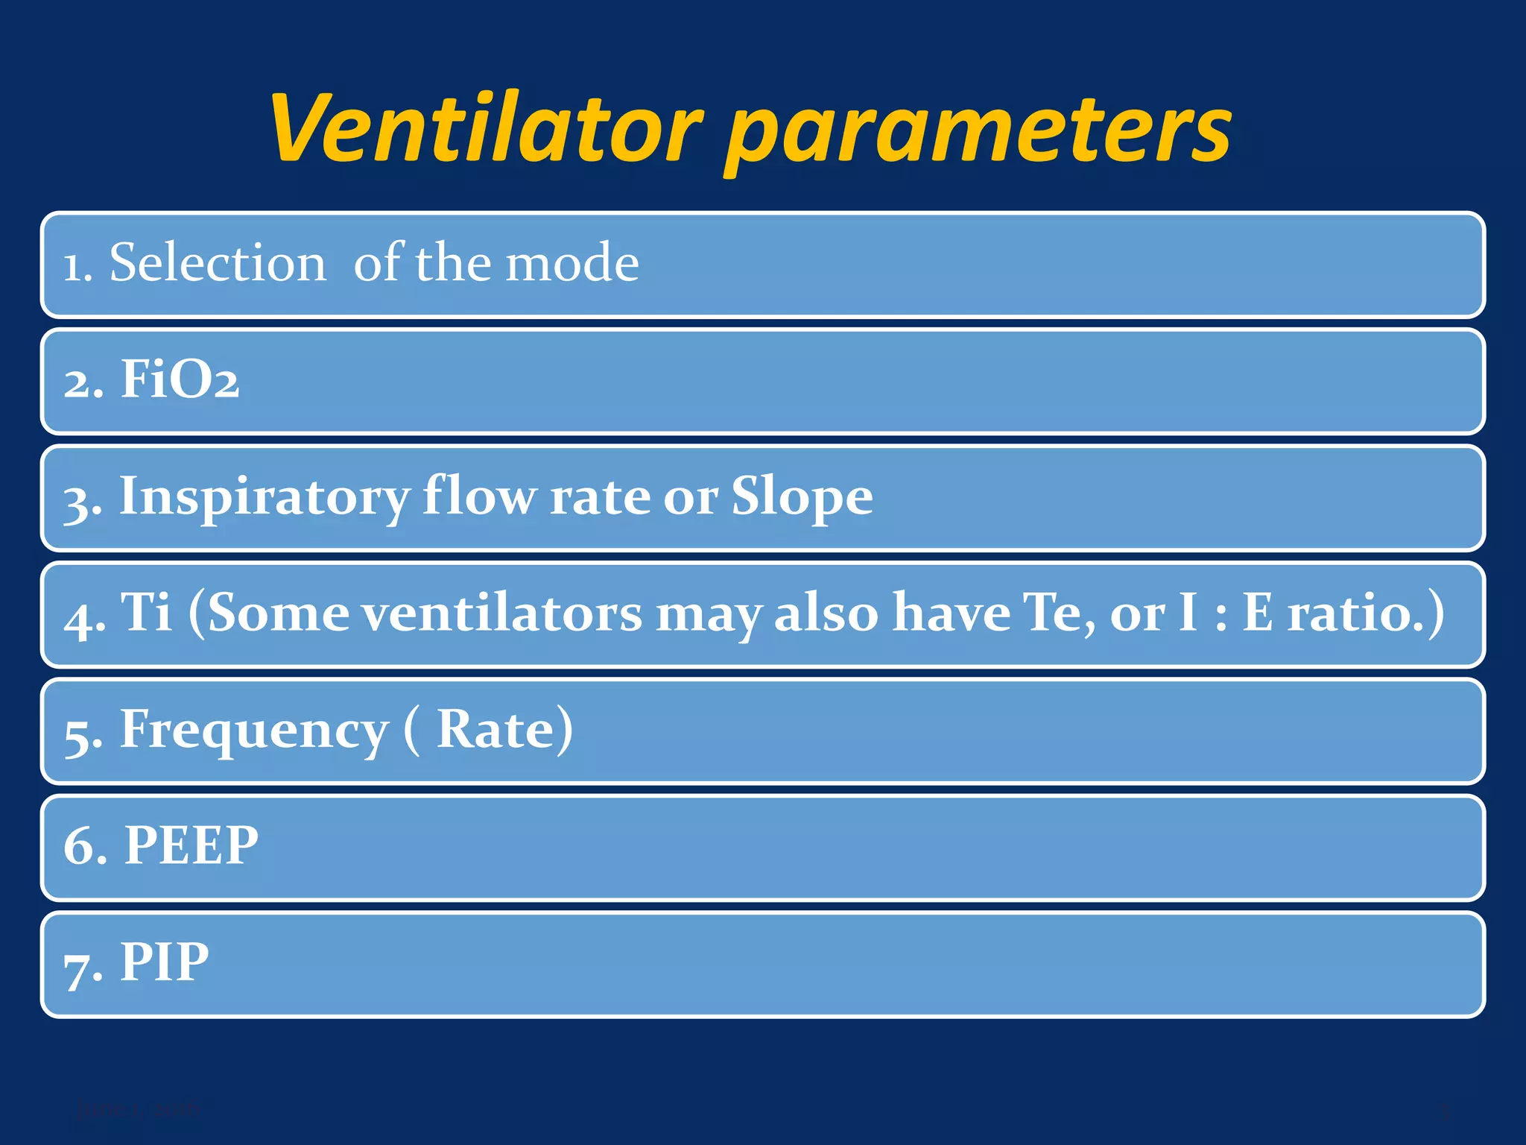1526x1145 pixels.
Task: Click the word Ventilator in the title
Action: point(485,128)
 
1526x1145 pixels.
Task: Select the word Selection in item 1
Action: point(218,263)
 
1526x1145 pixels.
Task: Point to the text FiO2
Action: point(180,379)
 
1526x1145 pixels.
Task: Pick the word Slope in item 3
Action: point(802,496)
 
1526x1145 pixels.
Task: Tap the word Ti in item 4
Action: point(146,612)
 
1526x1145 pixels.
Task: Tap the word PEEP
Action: point(191,845)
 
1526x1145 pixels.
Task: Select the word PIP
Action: point(165,962)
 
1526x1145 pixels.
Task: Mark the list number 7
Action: point(78,967)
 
